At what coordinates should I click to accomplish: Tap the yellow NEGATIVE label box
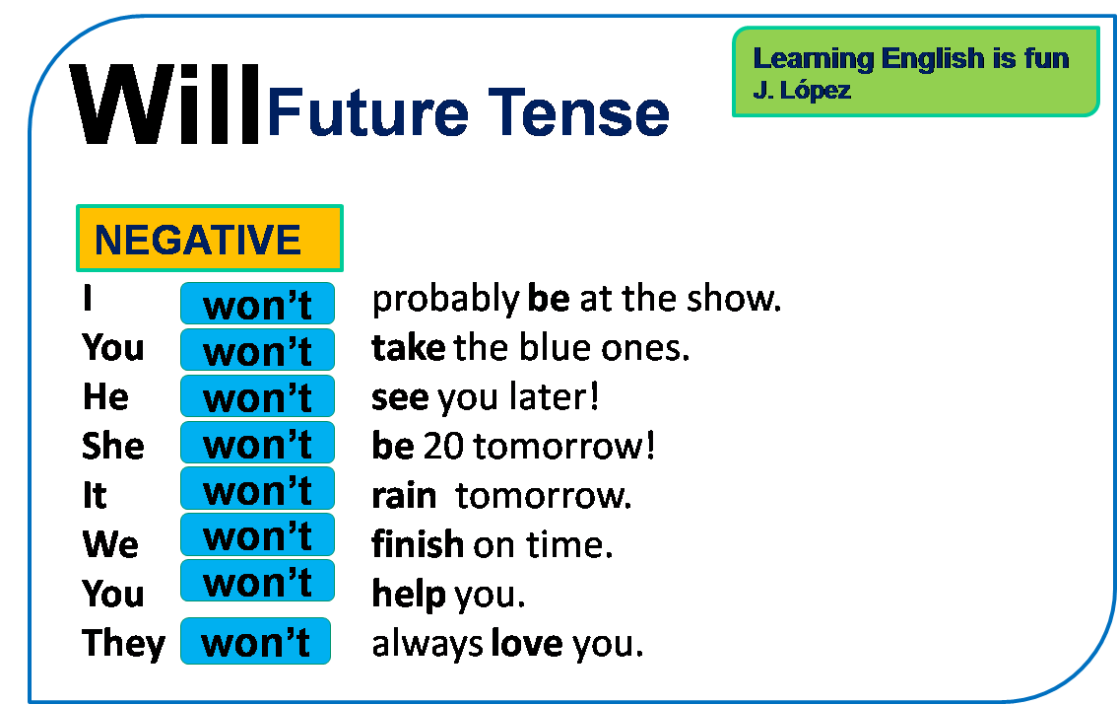tap(209, 239)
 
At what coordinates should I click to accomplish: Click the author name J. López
tap(802, 91)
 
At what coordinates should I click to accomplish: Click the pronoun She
tap(112, 446)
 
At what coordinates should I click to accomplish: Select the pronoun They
tap(123, 643)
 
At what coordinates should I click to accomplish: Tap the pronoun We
tap(110, 544)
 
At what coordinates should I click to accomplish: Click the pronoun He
tap(105, 396)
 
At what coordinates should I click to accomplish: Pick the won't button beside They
tap(255, 642)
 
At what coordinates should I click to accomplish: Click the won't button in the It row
tap(257, 489)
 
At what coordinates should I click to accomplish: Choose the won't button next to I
tap(257, 304)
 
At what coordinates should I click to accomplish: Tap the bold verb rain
tap(404, 495)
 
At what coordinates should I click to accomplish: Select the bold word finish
tap(418, 543)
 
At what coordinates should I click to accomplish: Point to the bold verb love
tap(527, 644)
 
